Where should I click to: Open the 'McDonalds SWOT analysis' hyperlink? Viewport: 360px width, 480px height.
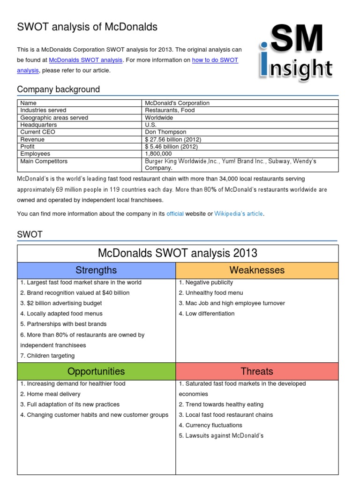pos(86,60)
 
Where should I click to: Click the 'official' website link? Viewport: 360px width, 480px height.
pos(175,214)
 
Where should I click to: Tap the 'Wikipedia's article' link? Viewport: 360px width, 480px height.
pos(239,214)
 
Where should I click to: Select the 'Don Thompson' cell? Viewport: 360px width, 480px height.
pos(165,132)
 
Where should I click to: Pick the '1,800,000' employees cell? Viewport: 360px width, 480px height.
pos(158,154)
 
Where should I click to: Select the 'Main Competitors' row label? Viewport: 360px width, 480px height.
pos(44,161)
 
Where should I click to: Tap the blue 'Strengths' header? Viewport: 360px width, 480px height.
pos(96,270)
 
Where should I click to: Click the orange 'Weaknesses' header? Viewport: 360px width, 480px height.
pos(257,270)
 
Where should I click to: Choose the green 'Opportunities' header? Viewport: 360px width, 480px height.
pos(96,371)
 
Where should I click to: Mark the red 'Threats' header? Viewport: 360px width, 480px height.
pos(257,371)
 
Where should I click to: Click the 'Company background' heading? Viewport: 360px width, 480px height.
pos(58,89)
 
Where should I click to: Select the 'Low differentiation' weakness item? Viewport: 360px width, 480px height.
pos(206,314)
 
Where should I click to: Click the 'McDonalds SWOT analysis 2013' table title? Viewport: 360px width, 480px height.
pos(178,253)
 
